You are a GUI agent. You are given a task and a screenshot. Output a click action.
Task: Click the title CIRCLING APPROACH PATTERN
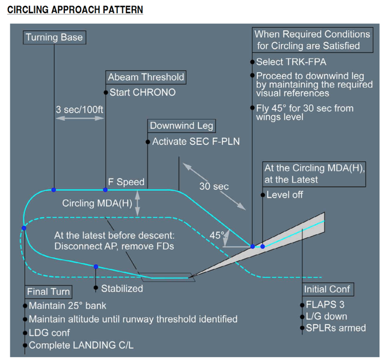75,10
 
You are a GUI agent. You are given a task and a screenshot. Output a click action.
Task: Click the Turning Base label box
54,37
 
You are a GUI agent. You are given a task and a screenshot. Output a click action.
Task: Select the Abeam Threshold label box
146,77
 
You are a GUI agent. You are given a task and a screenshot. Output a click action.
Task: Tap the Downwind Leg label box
182,126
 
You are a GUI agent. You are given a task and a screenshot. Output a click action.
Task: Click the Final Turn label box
49,292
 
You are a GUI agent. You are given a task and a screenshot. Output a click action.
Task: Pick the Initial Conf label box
327,289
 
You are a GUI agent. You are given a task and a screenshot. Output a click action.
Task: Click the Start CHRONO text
142,93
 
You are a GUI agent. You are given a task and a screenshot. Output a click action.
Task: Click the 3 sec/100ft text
79,110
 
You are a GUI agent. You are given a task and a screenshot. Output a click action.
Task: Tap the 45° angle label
217,234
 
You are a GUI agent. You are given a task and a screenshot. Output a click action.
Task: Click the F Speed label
126,182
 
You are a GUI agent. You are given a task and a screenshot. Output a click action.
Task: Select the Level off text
285,194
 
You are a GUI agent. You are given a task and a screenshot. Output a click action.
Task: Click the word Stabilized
122,288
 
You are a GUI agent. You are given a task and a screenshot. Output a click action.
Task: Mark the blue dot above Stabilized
96,266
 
